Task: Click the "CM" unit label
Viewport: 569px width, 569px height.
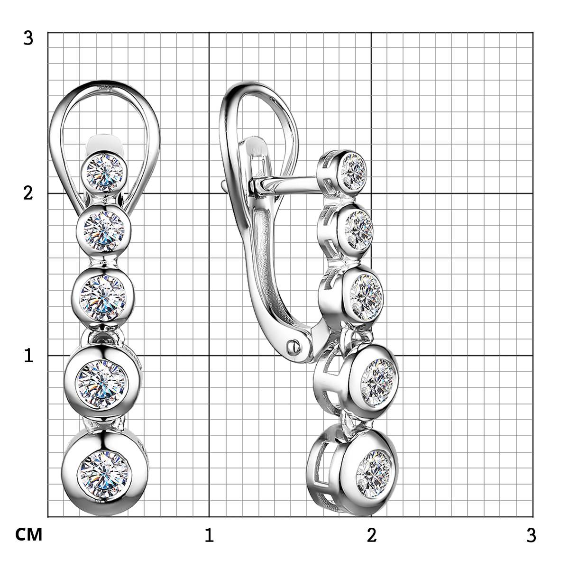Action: tap(28, 535)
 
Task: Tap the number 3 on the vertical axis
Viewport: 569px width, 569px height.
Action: tap(28, 38)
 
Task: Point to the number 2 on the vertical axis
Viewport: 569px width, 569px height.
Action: tap(28, 194)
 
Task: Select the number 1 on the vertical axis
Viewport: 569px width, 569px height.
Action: tap(28, 356)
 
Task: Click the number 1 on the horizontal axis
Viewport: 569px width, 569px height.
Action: tap(209, 535)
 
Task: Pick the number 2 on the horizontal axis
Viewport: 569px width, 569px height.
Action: tap(372, 535)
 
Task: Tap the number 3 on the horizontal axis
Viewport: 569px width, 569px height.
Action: tap(531, 535)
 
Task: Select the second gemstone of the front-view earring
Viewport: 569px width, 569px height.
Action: tap(104, 231)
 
